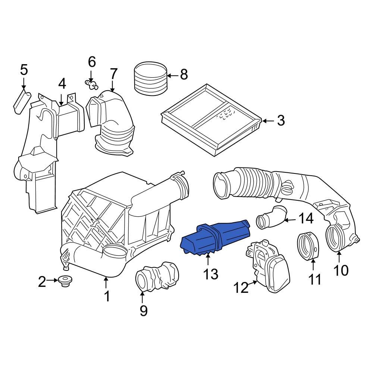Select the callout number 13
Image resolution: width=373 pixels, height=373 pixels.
tap(210, 275)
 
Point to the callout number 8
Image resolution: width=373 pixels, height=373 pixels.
tap(184, 75)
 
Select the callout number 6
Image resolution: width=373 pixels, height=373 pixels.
tap(92, 61)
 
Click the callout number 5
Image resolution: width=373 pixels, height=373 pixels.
tap(23, 70)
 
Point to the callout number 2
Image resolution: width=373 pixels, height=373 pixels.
tap(42, 282)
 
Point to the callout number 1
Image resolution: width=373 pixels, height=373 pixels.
tap(107, 296)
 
